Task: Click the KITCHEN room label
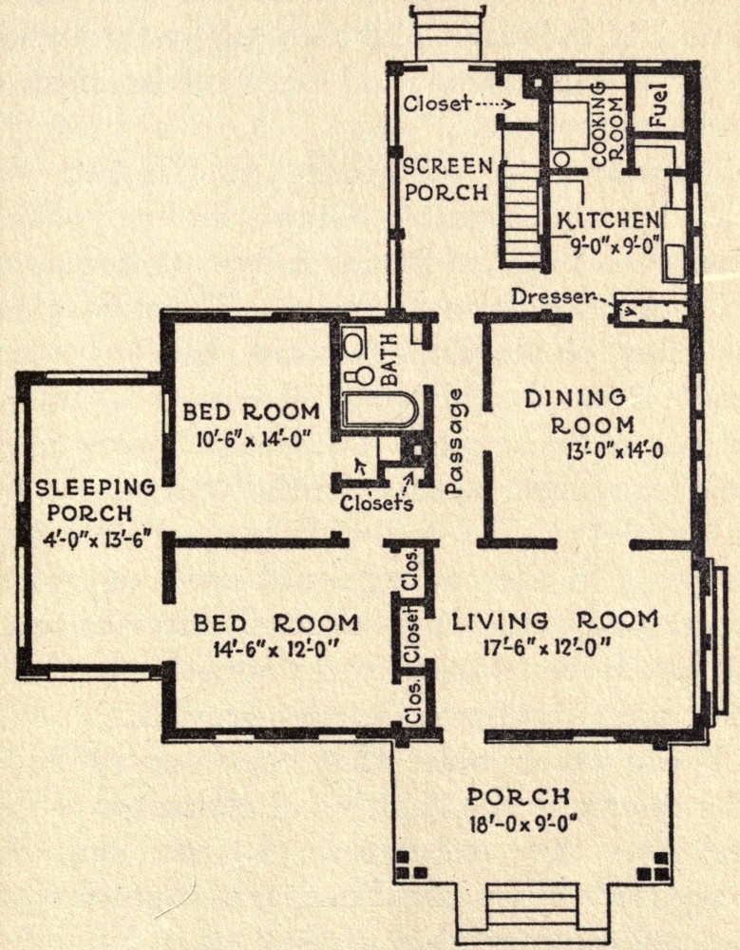pyautogui.click(x=607, y=220)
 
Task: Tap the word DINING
pyautogui.click(x=575, y=398)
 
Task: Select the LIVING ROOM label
pyautogui.click(x=555, y=620)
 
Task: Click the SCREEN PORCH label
pyautogui.click(x=447, y=179)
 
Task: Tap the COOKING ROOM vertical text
pyautogui.click(x=607, y=123)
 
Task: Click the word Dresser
pyautogui.click(x=550, y=296)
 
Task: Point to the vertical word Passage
pyautogui.click(x=455, y=441)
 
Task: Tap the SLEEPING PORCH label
pyautogui.click(x=95, y=501)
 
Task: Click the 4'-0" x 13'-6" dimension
pyautogui.click(x=96, y=539)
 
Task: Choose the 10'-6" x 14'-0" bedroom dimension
pyautogui.click(x=253, y=438)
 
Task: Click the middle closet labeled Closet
pyautogui.click(x=412, y=635)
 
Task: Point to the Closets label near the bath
pyautogui.click(x=376, y=503)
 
